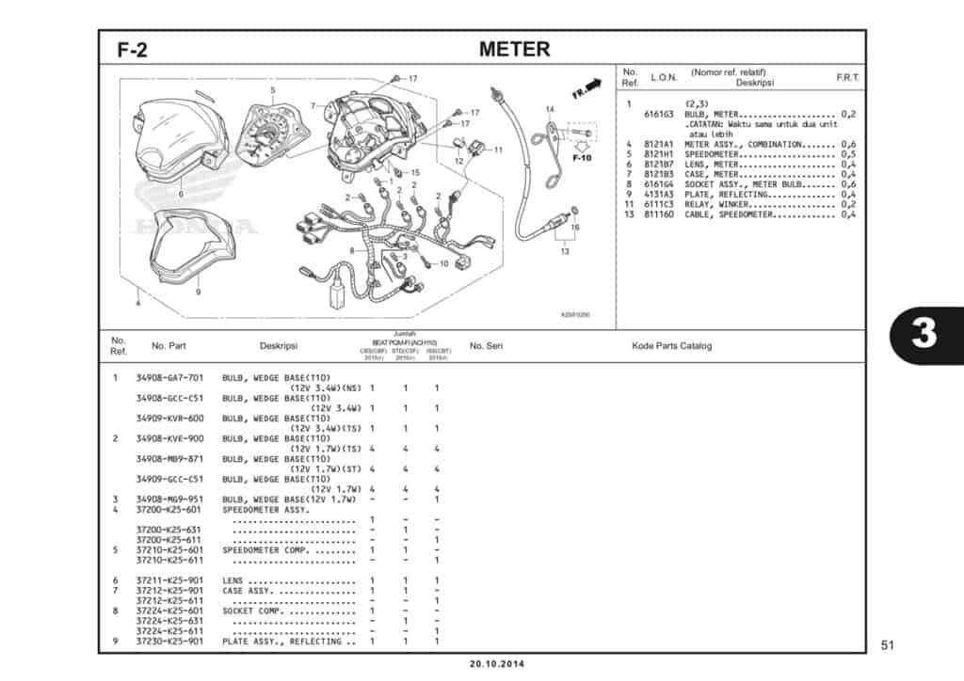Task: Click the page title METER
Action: [x=514, y=49]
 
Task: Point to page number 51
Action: [x=886, y=645]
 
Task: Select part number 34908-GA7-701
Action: [x=169, y=378]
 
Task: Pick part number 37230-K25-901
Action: [x=169, y=641]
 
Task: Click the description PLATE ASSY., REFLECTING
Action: [x=281, y=641]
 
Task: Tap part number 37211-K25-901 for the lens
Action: [x=169, y=580]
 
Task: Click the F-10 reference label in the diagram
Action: [x=582, y=157]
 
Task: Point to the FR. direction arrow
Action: [x=586, y=88]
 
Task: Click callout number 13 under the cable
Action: [x=564, y=251]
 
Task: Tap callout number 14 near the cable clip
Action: [x=550, y=110]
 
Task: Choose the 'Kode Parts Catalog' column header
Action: [x=671, y=346]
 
